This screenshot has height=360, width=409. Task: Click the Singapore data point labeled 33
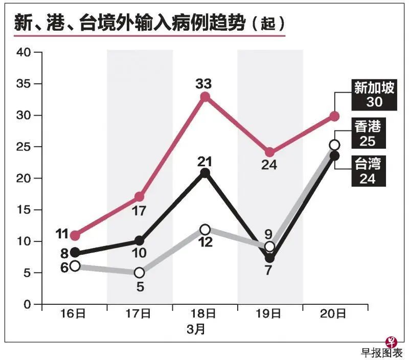tap(205, 97)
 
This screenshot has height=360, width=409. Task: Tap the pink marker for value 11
tap(75, 236)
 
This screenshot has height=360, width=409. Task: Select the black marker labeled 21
tap(205, 173)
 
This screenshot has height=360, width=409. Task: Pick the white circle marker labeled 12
tap(205, 229)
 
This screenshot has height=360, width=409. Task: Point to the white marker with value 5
tap(140, 273)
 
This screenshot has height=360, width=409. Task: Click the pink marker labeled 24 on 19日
tap(270, 153)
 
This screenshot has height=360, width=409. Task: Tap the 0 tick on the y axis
tap(28, 305)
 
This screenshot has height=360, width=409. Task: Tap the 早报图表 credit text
tap(382, 352)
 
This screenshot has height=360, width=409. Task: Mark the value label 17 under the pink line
tap(140, 210)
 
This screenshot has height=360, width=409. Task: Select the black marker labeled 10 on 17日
tap(140, 241)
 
